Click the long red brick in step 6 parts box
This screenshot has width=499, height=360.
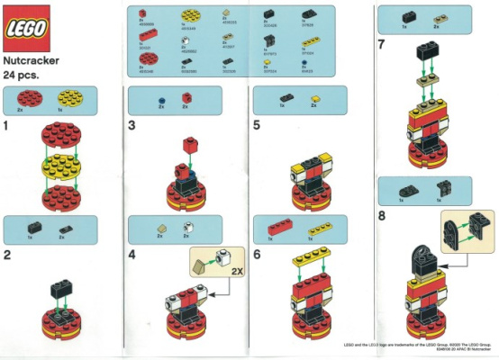(276, 226)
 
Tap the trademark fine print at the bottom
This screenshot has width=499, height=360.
(419, 346)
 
